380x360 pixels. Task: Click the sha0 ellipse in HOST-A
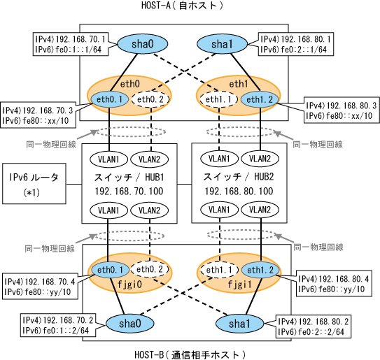point(143,44)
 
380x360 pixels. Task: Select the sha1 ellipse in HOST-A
point(222,44)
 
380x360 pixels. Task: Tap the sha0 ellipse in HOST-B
point(130,324)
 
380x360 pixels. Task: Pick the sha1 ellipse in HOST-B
point(239,324)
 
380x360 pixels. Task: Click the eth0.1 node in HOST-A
point(109,99)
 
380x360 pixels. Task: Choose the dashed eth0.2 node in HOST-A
point(150,99)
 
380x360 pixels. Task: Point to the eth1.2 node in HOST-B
point(260,270)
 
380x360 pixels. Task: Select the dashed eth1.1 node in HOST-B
point(219,270)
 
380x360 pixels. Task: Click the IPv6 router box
point(34,184)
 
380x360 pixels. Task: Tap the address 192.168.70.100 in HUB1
point(129,192)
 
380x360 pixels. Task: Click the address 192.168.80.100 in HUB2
point(239,192)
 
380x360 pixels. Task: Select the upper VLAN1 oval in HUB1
point(108,159)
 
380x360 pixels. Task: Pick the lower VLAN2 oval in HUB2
point(260,210)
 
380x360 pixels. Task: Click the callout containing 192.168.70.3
point(38,115)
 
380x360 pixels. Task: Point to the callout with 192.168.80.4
point(334,284)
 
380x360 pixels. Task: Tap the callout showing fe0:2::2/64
point(314,326)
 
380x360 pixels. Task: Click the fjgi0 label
point(129,285)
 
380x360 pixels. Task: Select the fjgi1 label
point(239,285)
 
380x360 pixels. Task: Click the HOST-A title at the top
point(182,6)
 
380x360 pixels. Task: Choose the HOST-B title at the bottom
point(190,354)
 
